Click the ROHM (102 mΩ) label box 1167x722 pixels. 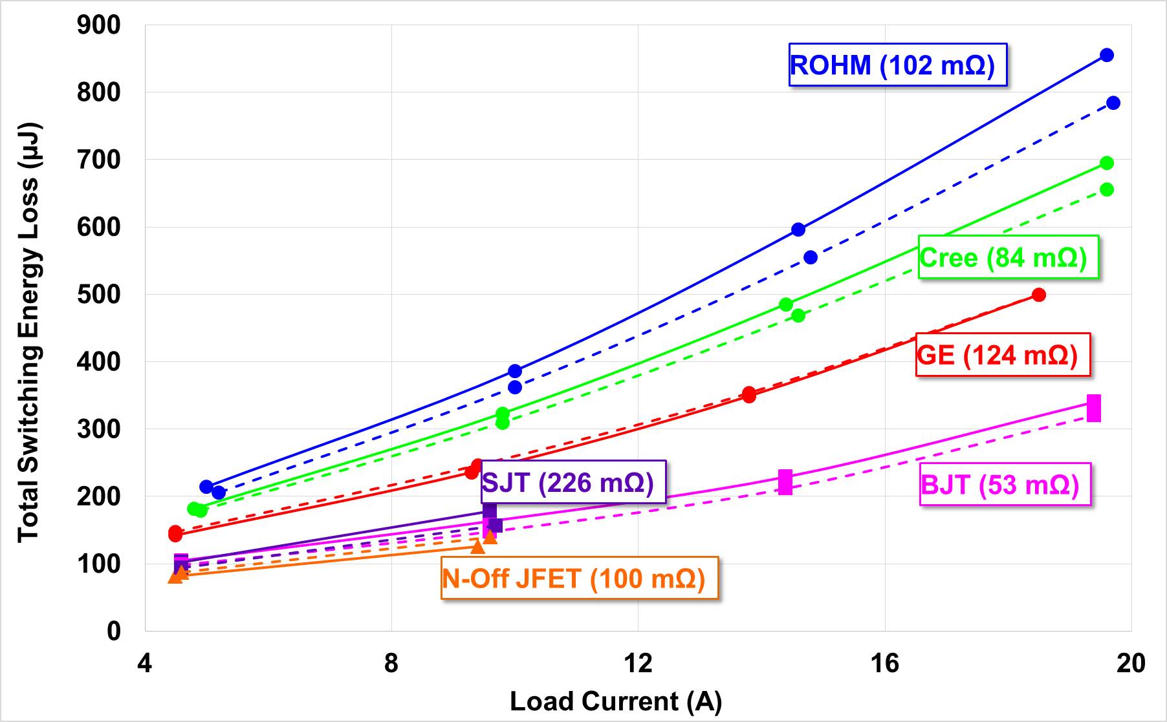point(897,65)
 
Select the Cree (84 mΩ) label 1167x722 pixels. point(1008,257)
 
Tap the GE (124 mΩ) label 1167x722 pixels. point(1003,355)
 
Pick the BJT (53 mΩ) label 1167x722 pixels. point(1005,484)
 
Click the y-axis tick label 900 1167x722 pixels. point(98,25)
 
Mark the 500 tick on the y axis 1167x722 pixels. point(98,294)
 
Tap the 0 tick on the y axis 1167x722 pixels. point(114,631)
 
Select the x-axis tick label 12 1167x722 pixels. point(638,664)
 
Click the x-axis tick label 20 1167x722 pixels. point(1131,664)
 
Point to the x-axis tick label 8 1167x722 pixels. point(391,664)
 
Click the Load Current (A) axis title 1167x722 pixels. point(615,701)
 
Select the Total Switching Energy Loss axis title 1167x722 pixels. point(28,332)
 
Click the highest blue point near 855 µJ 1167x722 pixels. point(1107,55)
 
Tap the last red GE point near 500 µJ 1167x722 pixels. point(1039,295)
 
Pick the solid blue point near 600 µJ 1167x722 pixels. point(798,229)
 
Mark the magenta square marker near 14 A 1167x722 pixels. point(785,482)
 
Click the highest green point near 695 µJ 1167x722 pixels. point(1107,163)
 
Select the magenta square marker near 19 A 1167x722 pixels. point(1094,408)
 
